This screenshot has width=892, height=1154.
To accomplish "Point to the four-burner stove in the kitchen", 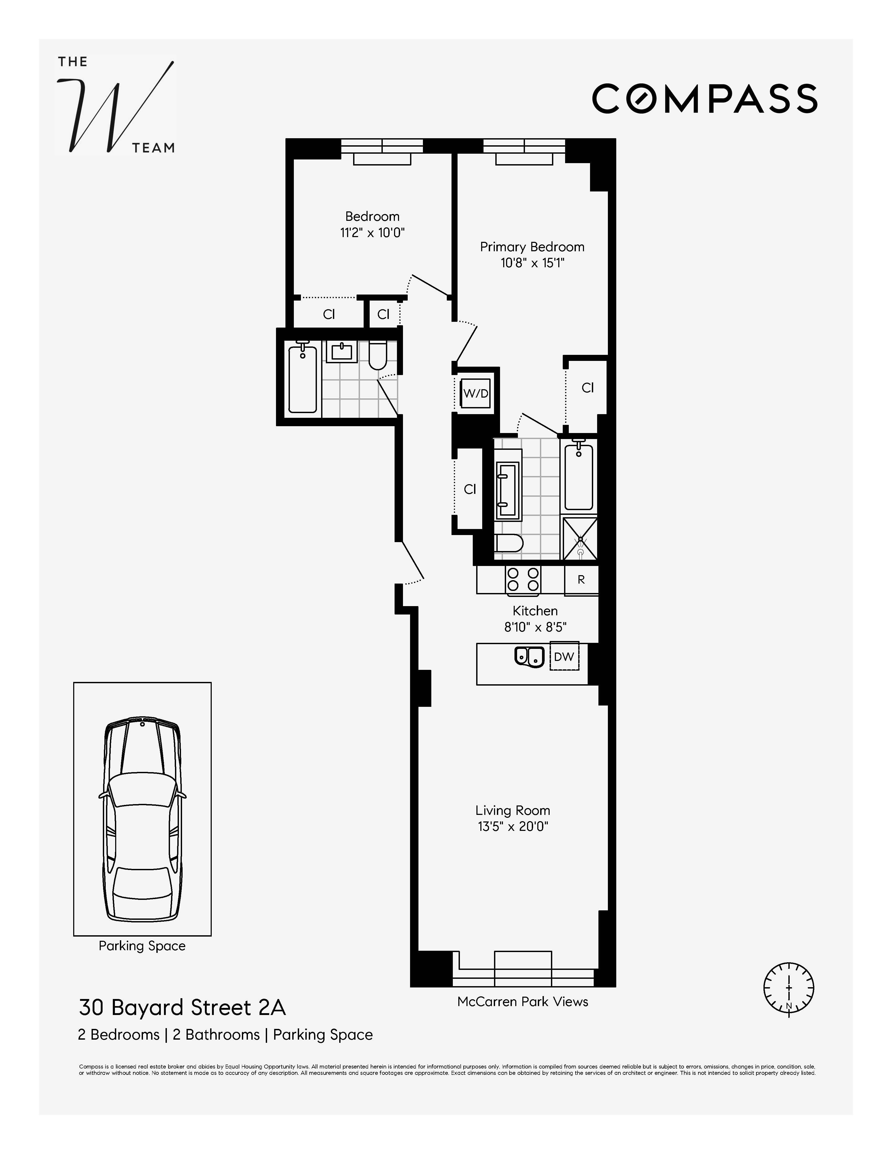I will point(523,579).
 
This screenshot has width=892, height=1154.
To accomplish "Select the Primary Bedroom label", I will point(532,247).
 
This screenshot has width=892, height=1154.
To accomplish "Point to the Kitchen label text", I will point(535,611).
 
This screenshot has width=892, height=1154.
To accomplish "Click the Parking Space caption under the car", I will point(142,946).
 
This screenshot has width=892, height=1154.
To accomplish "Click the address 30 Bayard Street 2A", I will point(182,1008).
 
